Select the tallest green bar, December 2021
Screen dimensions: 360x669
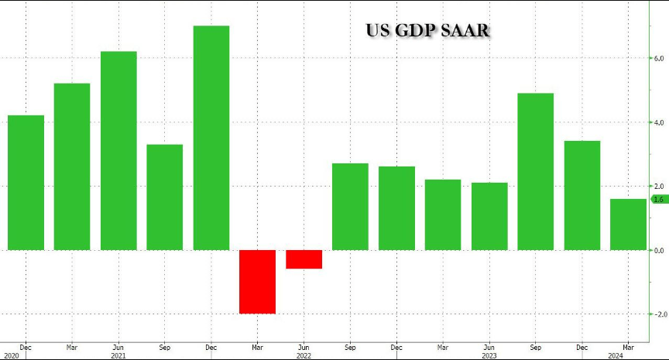pyautogui.click(x=211, y=138)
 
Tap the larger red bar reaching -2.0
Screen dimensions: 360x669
pyautogui.click(x=258, y=281)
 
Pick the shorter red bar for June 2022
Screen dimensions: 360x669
pyautogui.click(x=304, y=259)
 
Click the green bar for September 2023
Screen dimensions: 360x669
pyautogui.click(x=536, y=171)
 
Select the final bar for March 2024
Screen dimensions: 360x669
pyautogui.click(x=628, y=225)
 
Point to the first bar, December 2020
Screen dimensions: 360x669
pyautogui.click(x=26, y=182)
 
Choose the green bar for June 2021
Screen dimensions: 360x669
pyautogui.click(x=118, y=150)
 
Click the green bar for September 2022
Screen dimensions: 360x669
pyautogui.click(x=350, y=206)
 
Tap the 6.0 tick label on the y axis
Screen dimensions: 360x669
pyautogui.click(x=660, y=58)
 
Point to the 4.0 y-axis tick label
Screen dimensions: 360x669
pyautogui.click(x=660, y=122)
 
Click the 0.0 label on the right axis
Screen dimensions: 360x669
pyautogui.click(x=660, y=250)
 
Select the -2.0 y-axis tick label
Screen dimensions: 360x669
pyautogui.click(x=658, y=314)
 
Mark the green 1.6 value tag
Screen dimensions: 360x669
pyautogui.click(x=660, y=200)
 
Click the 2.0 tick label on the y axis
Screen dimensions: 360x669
pyautogui.click(x=660, y=187)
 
